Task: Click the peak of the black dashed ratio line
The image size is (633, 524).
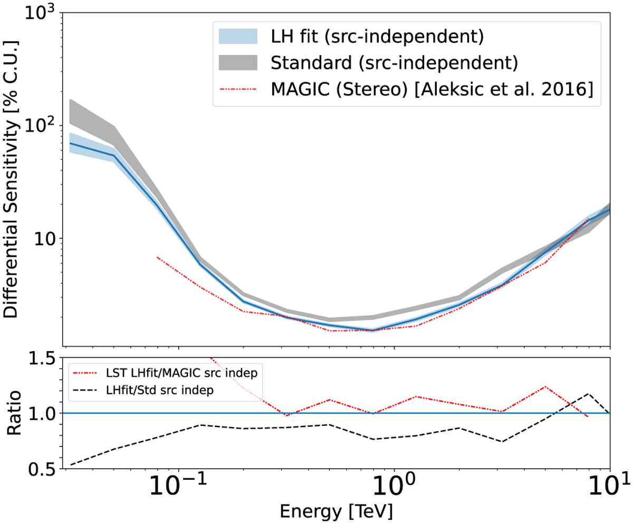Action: (x=588, y=393)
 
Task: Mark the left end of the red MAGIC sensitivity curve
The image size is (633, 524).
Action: (x=157, y=257)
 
